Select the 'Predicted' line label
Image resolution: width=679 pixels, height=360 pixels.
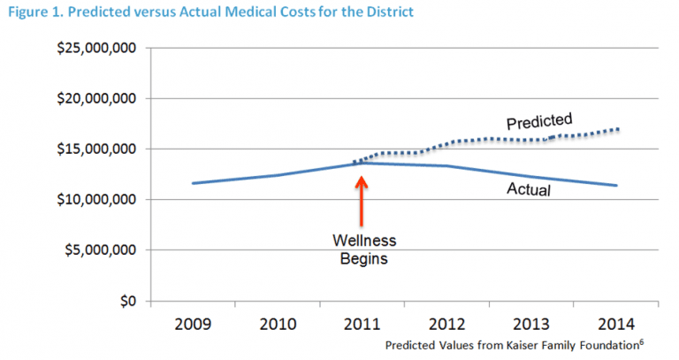tap(539, 119)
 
